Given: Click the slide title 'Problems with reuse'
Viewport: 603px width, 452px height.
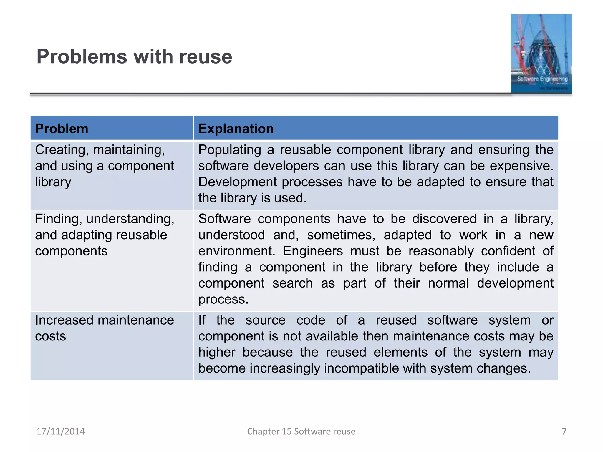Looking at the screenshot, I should pyautogui.click(x=134, y=56).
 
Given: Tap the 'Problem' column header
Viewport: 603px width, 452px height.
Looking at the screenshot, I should pyautogui.click(x=62, y=129).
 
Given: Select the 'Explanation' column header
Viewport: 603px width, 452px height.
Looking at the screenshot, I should pyautogui.click(x=236, y=129).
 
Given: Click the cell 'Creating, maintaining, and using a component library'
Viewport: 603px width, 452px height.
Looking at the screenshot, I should pyautogui.click(x=105, y=166).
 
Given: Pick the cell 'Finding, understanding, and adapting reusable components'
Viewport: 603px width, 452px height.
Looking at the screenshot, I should pyautogui.click(x=105, y=235).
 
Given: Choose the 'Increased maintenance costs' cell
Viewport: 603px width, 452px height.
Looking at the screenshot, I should pyautogui.click(x=105, y=328).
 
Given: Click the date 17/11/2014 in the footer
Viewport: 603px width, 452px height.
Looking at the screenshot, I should pyautogui.click(x=60, y=431).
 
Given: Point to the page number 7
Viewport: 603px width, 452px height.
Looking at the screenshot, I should pyautogui.click(x=564, y=431).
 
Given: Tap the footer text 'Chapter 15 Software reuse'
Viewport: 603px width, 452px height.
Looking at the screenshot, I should pyautogui.click(x=301, y=431).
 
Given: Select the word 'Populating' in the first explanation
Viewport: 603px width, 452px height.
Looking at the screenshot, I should pyautogui.click(x=230, y=150).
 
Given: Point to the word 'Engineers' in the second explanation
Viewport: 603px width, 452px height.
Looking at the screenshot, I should pyautogui.click(x=313, y=251).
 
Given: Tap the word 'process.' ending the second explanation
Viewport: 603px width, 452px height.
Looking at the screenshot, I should pyautogui.click(x=223, y=299).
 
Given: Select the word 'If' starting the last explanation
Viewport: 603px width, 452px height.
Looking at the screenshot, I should pyautogui.click(x=202, y=320).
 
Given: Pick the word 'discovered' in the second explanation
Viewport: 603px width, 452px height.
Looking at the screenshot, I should pyautogui.click(x=444, y=219).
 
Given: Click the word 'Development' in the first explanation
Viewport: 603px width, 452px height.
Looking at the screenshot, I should pyautogui.click(x=238, y=182).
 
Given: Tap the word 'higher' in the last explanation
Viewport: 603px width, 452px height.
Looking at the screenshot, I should pyautogui.click(x=217, y=353).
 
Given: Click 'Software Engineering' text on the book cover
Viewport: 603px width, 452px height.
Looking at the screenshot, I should pyautogui.click(x=542, y=79).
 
